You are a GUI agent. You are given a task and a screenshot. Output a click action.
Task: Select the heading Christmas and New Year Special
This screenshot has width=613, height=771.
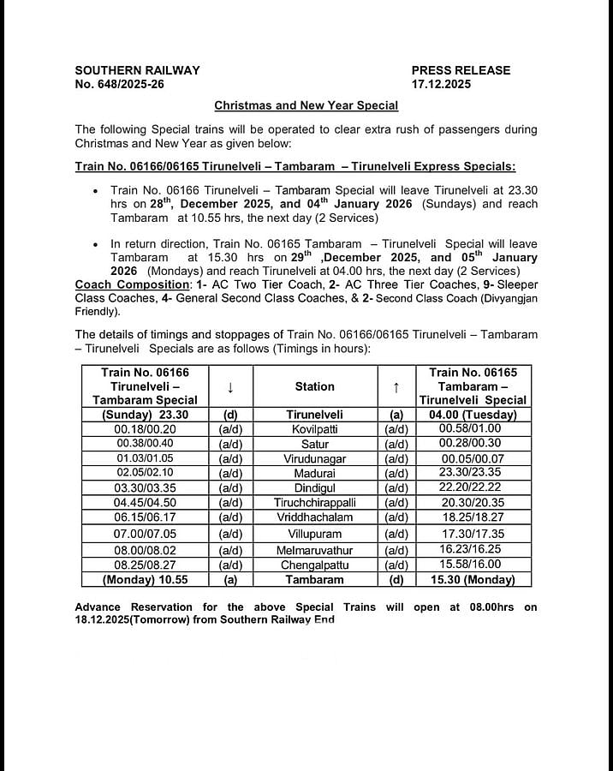coord(306,105)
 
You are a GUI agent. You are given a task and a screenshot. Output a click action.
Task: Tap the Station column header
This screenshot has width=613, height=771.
coord(314,386)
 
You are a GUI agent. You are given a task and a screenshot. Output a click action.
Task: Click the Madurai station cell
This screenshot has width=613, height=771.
coord(314,472)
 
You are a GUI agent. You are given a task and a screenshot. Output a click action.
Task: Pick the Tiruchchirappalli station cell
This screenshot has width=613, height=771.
coord(314,502)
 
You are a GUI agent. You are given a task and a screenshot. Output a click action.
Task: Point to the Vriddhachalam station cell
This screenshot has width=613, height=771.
coord(314,517)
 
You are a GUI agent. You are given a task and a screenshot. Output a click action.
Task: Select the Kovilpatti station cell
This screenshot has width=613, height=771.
coord(314,427)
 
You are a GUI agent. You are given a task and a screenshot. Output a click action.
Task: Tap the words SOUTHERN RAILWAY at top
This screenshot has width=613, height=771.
coord(137,70)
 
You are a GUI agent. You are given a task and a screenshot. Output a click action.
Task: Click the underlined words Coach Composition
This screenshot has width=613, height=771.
coord(130,284)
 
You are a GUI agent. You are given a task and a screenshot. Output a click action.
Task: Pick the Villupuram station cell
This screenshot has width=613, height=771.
coord(314,534)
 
